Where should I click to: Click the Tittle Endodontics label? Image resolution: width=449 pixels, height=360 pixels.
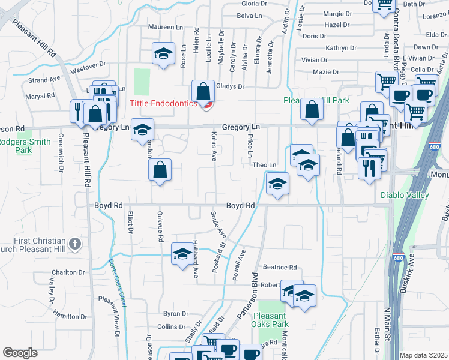pyautogui.click(x=164, y=103)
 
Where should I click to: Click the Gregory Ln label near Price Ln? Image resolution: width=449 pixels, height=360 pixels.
pyautogui.click(x=241, y=127)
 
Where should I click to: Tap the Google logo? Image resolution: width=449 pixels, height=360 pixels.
pyautogui.click(x=20, y=353)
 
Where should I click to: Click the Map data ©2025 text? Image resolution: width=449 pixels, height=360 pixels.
pyautogui.click(x=423, y=355)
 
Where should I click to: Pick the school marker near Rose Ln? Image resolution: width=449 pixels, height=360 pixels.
pyautogui.click(x=163, y=53)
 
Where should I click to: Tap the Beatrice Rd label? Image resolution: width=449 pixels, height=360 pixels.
pyautogui.click(x=280, y=267)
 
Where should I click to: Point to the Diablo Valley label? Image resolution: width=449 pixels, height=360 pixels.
pyautogui.click(x=405, y=195)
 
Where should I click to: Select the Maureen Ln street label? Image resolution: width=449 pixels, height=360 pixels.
pyautogui.click(x=166, y=27)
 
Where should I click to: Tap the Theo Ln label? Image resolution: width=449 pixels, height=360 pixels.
pyautogui.click(x=264, y=165)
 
